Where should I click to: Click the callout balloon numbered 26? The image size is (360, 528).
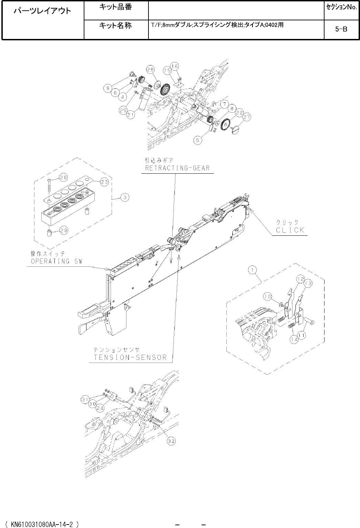(150, 69)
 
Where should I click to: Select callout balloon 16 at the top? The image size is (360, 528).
(175, 66)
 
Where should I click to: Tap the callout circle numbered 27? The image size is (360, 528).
(247, 118)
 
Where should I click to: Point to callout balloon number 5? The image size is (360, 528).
(197, 140)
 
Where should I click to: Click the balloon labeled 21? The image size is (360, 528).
(130, 115)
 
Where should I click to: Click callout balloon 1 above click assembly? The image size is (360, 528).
(253, 271)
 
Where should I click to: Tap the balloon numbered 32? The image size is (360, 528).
(171, 441)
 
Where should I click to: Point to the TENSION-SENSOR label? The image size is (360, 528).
(130, 357)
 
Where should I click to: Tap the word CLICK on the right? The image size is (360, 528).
(290, 230)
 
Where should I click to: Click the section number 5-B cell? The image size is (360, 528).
(341, 29)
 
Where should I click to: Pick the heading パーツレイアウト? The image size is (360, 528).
(42, 11)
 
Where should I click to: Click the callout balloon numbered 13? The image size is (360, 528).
(308, 283)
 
